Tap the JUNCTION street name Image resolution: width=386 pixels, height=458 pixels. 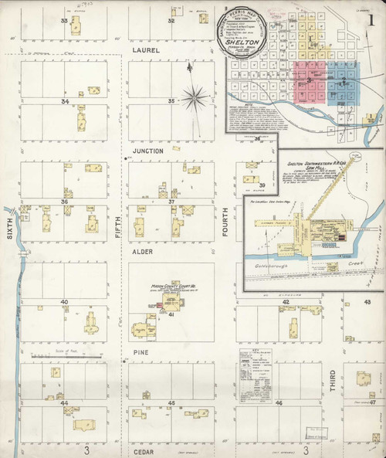click(147, 151)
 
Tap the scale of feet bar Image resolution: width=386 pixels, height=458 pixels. click(66, 356)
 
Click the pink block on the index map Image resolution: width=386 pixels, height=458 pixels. click(310, 83)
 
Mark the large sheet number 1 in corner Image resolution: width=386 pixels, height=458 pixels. click(372, 20)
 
